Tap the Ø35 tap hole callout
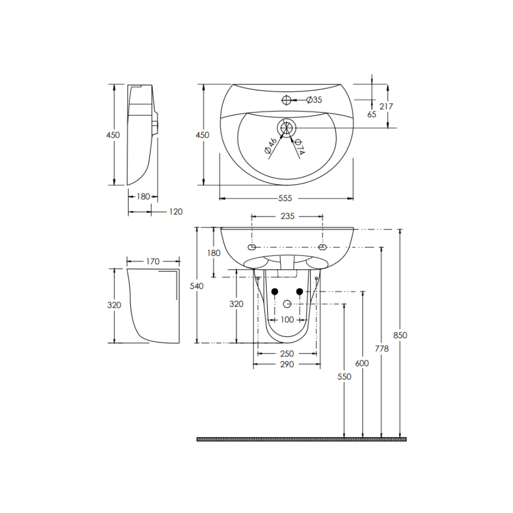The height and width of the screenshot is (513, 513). (x=314, y=100)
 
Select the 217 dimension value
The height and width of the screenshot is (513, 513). (x=386, y=106)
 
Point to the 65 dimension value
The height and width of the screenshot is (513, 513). (x=372, y=114)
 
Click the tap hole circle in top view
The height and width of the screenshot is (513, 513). (x=287, y=100)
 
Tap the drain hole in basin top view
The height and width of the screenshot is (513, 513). (x=286, y=127)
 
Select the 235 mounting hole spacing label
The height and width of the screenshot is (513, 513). (x=287, y=216)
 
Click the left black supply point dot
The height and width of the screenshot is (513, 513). (x=274, y=291)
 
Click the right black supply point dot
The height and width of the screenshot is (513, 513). (x=300, y=291)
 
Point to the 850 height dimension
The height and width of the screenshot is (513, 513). (x=400, y=335)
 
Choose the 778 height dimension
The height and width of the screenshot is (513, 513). (x=382, y=348)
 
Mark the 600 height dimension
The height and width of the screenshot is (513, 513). (x=362, y=363)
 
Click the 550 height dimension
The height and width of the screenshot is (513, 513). (x=344, y=377)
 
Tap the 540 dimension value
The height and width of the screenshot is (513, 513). (x=196, y=286)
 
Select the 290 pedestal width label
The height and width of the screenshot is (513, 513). (x=287, y=365)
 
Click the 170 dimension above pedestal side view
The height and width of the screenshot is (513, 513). (x=152, y=262)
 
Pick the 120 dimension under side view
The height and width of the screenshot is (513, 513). (x=175, y=211)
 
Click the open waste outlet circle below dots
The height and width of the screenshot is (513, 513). (x=287, y=304)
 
